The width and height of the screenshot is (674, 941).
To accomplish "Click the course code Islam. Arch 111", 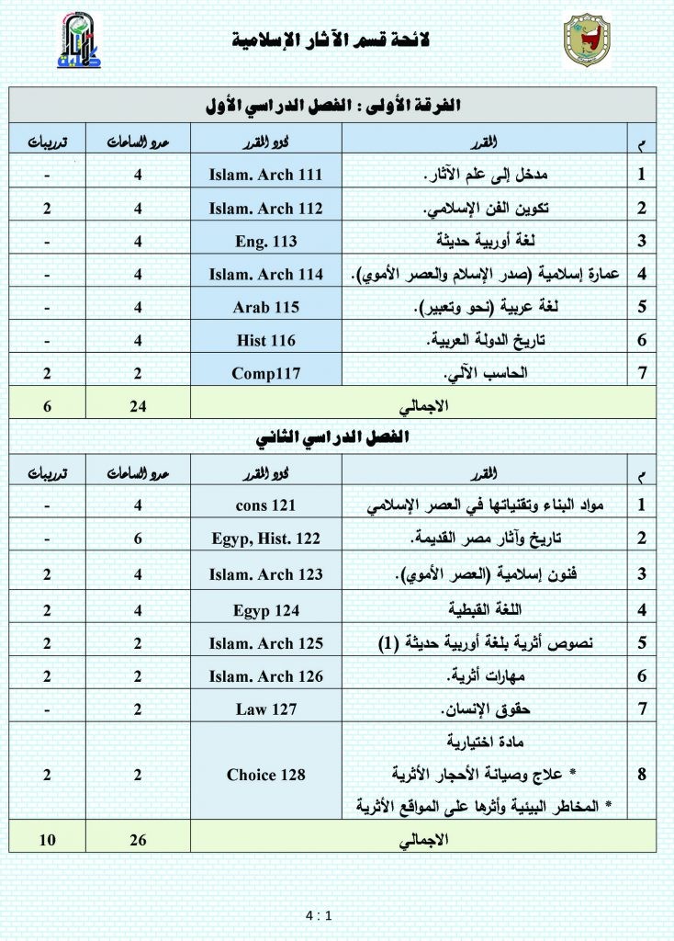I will [x=265, y=175].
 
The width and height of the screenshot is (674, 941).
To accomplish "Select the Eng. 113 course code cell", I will [x=265, y=241].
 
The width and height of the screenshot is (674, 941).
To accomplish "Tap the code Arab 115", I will [x=265, y=307].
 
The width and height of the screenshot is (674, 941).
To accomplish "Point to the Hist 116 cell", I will [x=265, y=340].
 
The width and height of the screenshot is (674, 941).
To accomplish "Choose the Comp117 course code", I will [x=265, y=373].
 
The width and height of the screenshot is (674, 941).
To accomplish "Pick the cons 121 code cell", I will [x=265, y=505].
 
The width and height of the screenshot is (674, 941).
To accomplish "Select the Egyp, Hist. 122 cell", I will [x=265, y=539].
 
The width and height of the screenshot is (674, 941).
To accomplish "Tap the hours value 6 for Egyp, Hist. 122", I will [x=136, y=539].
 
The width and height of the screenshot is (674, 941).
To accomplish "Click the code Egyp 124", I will [x=265, y=609].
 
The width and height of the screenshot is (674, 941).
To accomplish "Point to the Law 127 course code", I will [x=265, y=709].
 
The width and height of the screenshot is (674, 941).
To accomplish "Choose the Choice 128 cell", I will [x=265, y=775].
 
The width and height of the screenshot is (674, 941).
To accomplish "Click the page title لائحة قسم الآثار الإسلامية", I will [x=332, y=40].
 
